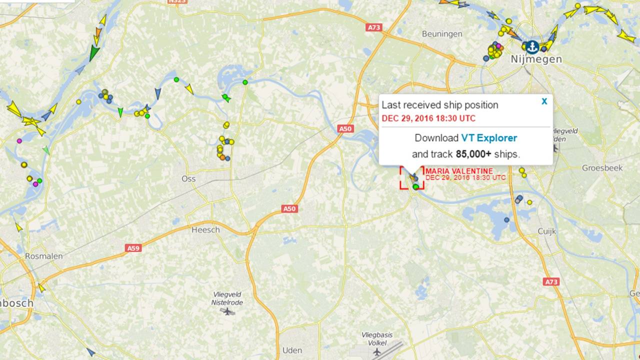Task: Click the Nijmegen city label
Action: [536, 59]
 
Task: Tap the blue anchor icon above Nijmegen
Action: [532, 47]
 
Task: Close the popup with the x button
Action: [544, 101]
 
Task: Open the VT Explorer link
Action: [489, 138]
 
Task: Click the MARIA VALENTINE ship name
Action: [459, 171]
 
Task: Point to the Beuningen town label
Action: [442, 34]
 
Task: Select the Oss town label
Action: [188, 178]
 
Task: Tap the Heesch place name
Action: [205, 230]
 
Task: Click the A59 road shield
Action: [133, 248]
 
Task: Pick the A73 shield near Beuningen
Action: [373, 28]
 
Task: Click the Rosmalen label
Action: [44, 256]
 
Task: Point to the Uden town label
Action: [292, 350]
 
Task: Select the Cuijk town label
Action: [546, 230]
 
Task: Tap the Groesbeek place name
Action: [602, 168]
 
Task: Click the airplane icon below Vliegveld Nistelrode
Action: [227, 311]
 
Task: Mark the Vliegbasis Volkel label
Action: [377, 339]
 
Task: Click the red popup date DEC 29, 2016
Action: [428, 118]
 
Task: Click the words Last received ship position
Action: [440, 105]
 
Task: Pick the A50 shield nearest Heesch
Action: [289, 208]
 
